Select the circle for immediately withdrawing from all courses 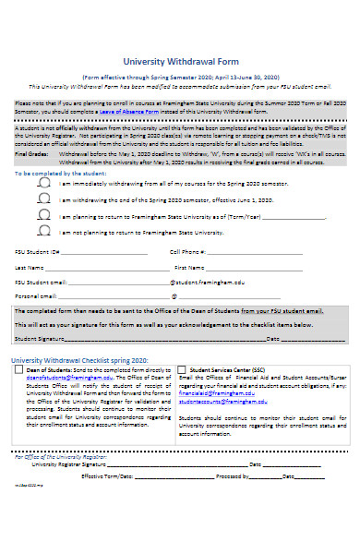tap(44, 183)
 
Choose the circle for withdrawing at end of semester tap(44, 199)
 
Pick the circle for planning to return tap(44, 216)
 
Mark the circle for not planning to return tap(44, 233)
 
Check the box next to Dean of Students tap(19, 369)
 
